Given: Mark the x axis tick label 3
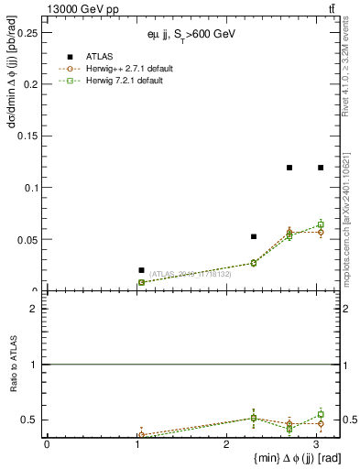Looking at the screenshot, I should (x=316, y=444).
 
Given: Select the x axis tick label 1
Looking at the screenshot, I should (x=136, y=444).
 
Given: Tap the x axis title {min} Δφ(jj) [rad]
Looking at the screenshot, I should (x=285, y=458).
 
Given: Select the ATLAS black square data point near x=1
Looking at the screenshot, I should (x=141, y=270).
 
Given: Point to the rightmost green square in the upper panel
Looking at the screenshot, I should (x=321, y=224).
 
